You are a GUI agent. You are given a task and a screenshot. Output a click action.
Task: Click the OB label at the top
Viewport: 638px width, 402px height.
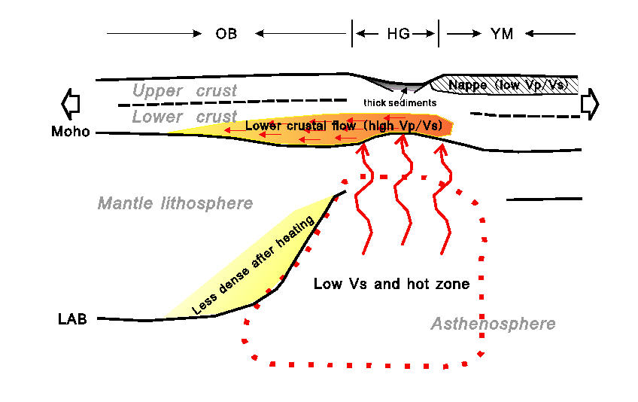click(x=227, y=34)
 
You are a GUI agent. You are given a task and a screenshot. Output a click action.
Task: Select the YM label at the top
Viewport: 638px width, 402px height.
click(x=501, y=34)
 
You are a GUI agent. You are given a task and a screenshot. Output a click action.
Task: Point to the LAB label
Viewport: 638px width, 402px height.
click(x=72, y=318)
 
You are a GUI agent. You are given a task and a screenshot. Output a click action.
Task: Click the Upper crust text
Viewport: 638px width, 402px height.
click(x=184, y=91)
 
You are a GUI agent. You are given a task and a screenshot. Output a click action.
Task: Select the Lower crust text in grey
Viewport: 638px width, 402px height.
click(x=184, y=117)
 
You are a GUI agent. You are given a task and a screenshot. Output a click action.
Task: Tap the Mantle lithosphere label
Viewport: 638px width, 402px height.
click(x=175, y=203)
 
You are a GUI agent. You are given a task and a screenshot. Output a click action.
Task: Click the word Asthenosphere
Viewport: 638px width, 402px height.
click(x=493, y=324)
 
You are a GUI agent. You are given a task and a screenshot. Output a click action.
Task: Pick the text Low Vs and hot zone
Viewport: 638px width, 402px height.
click(x=391, y=284)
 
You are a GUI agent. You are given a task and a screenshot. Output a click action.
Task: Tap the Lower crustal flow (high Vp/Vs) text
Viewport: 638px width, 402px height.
click(x=343, y=126)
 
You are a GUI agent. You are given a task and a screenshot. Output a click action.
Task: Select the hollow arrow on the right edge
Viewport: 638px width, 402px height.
click(x=589, y=102)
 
